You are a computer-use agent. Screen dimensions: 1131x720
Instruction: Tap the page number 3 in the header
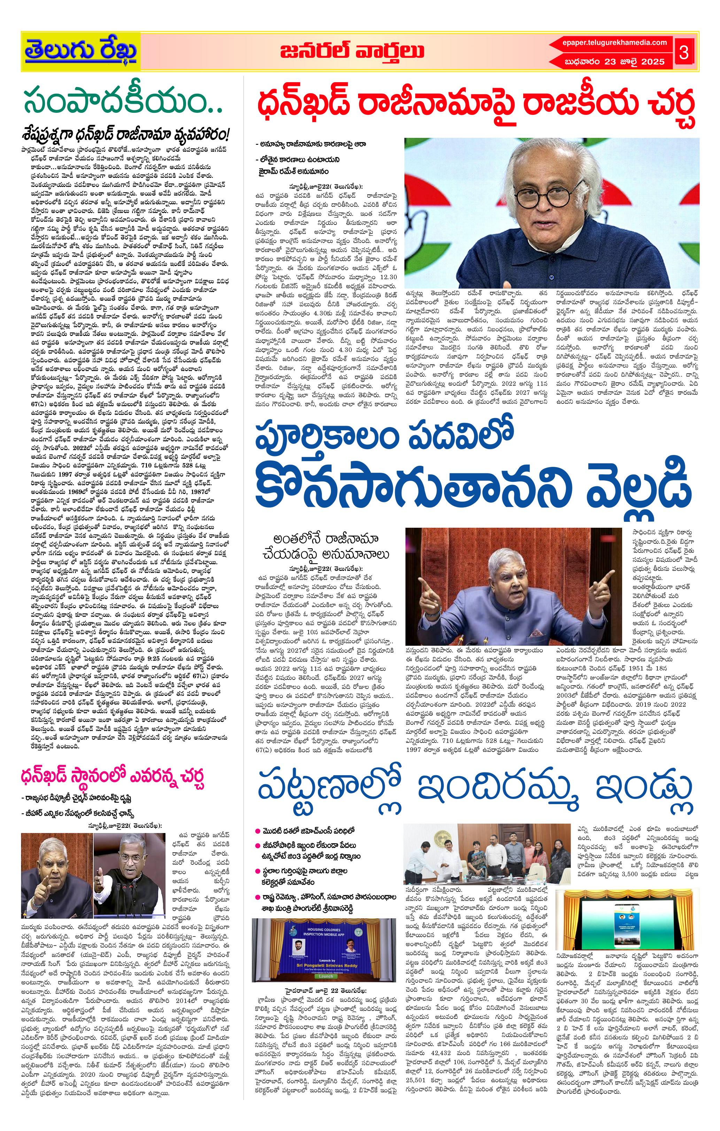coord(684,53)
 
